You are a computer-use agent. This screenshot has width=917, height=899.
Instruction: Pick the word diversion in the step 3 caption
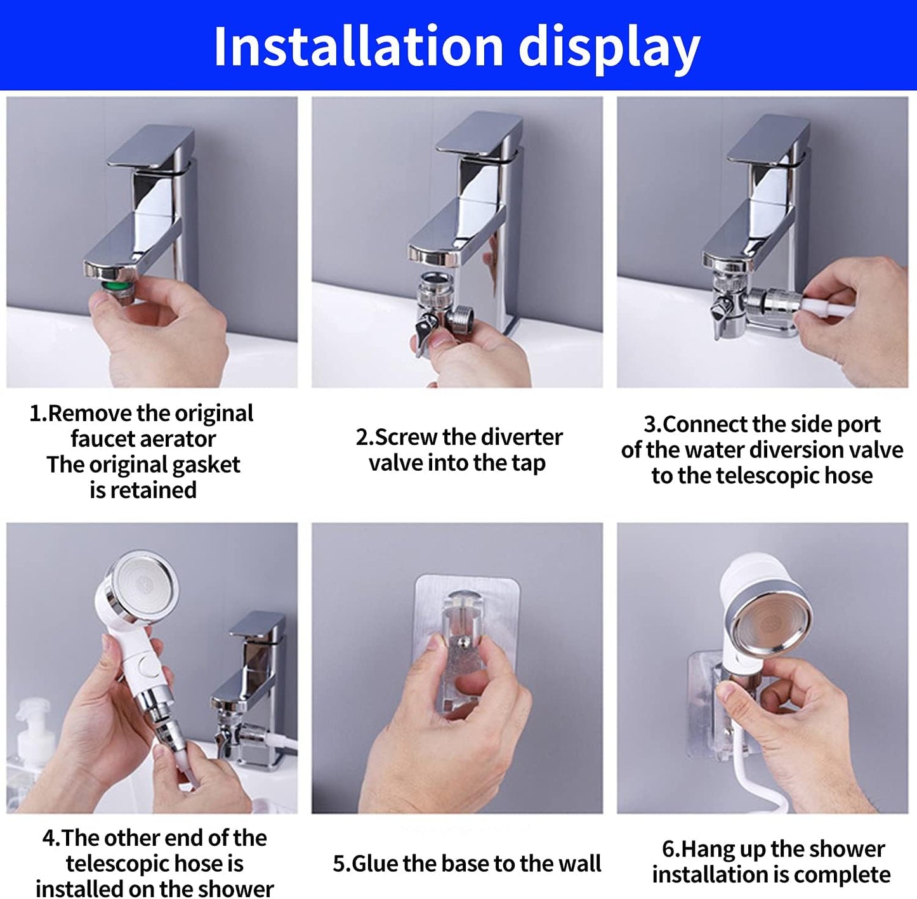click(785, 450)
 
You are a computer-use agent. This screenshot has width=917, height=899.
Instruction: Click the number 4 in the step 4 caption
click(48, 838)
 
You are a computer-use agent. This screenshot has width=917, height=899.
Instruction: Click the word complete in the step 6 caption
click(841, 875)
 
